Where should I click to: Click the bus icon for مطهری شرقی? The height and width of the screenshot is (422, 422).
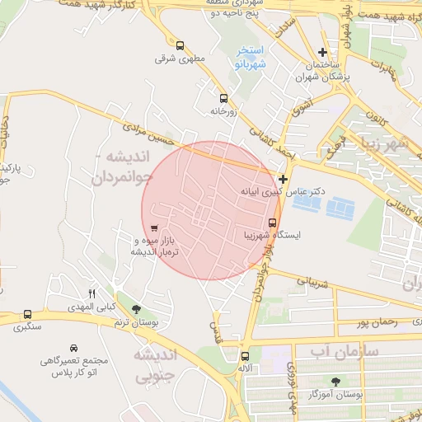click(181, 45)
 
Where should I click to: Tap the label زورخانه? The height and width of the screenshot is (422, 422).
click(224, 110)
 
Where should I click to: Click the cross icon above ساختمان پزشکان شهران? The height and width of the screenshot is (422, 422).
click(322, 30)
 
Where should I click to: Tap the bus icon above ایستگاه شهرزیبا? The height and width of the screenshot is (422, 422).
click(273, 222)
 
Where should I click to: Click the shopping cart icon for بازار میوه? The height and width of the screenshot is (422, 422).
click(154, 227)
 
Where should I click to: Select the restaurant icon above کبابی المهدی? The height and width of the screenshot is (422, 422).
click(92, 293)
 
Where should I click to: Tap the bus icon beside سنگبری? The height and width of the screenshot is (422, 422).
click(28, 315)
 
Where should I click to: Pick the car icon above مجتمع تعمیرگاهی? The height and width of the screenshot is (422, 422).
click(74, 348)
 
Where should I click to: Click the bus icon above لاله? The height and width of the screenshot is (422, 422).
click(244, 356)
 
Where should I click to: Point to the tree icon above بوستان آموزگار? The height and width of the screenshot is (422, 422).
click(335, 381)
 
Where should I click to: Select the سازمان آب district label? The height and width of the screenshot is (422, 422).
click(345, 351)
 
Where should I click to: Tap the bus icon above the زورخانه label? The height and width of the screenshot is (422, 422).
click(223, 96)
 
